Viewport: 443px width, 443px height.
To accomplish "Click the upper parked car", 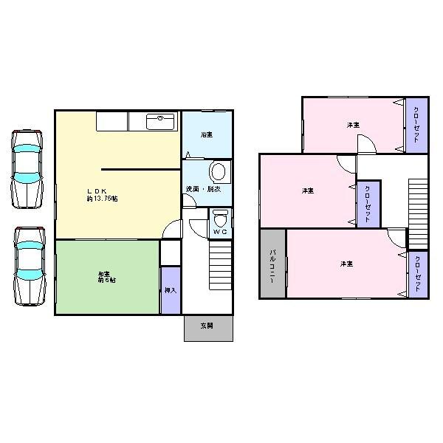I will tap(27, 168).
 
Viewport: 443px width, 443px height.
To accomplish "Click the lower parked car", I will tap(29, 266).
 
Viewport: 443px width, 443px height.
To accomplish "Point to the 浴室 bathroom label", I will tap(207, 135).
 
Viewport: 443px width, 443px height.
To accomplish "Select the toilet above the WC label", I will tap(220, 220).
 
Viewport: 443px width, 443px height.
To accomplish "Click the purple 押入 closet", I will tap(170, 290).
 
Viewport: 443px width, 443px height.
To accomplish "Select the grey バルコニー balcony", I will tap(272, 264).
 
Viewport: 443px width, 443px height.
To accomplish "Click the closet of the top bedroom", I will tap(416, 125).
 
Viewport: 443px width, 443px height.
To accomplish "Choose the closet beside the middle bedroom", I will tap(368, 203).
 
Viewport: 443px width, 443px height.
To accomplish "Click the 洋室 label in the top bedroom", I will tap(354, 125).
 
